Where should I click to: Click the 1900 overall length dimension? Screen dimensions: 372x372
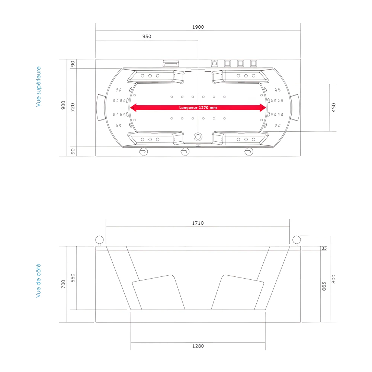pyautogui.click(x=198, y=27)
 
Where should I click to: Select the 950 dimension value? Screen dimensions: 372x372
pyautogui.click(x=147, y=37)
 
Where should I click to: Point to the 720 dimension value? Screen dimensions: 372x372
pyautogui.click(x=73, y=108)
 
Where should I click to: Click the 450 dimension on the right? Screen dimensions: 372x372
pyautogui.click(x=333, y=108)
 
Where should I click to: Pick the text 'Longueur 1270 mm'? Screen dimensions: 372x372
pyautogui.click(x=198, y=108)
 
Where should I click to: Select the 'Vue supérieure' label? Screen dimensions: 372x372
pyautogui.click(x=38, y=87)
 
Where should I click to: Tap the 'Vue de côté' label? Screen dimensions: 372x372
pyautogui.click(x=38, y=280)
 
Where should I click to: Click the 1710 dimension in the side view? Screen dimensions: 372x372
pyautogui.click(x=198, y=223)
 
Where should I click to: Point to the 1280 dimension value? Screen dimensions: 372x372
pyautogui.click(x=198, y=346)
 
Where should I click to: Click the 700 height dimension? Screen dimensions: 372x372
pyautogui.click(x=63, y=285)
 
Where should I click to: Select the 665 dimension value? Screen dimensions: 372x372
pyautogui.click(x=324, y=286)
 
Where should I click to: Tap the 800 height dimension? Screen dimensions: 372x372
pyautogui.click(x=333, y=279)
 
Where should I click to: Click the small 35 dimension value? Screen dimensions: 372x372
pyautogui.click(x=324, y=248)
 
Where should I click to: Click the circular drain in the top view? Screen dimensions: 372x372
pyautogui.click(x=198, y=137)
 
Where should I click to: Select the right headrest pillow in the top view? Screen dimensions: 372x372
pyautogui.click(x=295, y=108)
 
